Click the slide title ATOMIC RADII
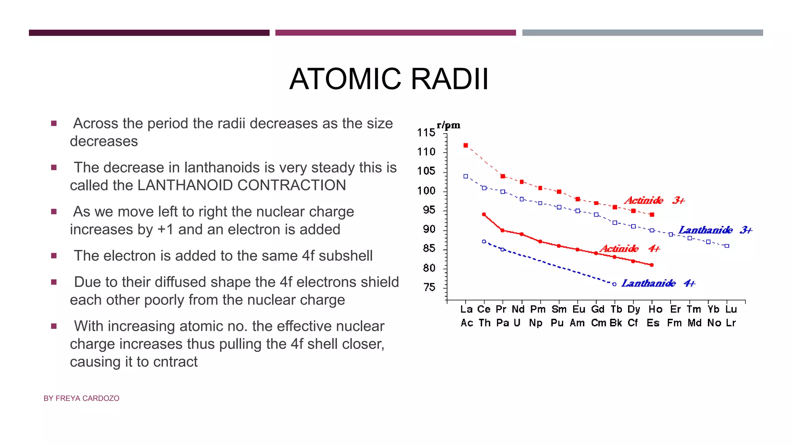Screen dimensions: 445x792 tap(389, 79)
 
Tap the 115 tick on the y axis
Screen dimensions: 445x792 tap(426, 133)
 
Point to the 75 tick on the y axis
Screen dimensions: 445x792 tap(429, 287)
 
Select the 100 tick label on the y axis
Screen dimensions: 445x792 tap(426, 191)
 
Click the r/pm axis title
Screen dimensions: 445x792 tap(449, 125)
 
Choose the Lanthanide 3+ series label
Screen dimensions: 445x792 tap(715, 230)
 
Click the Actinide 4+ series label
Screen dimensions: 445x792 tap(630, 248)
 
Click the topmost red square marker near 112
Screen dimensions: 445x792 tap(466, 146)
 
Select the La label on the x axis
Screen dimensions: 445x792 tap(466, 309)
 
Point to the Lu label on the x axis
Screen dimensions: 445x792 tap(731, 309)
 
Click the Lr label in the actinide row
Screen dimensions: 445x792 tap(731, 323)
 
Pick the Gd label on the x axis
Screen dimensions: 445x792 tap(597, 309)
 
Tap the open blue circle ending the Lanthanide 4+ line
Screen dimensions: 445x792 tap(614, 284)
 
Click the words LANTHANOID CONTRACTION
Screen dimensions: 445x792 tap(241, 185)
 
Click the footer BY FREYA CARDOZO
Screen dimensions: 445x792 tap(82, 398)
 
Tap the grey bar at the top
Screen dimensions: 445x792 tap(642, 33)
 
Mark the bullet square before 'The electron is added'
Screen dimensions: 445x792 tap(54, 256)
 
